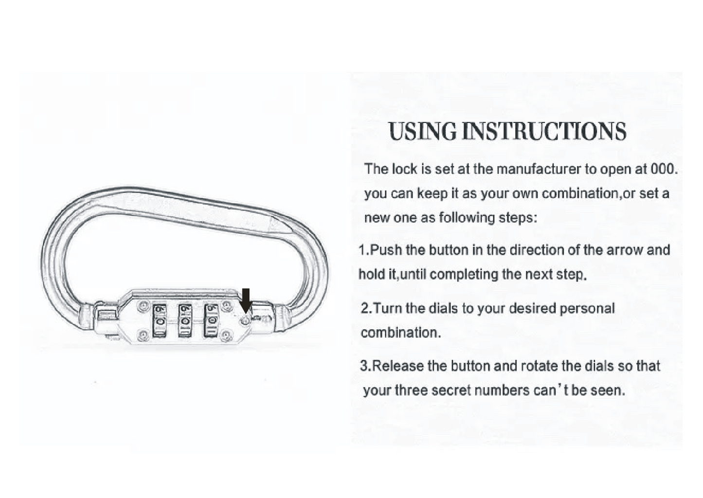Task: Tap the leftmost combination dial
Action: (159, 321)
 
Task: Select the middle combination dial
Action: (185, 321)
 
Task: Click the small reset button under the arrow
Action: (246, 320)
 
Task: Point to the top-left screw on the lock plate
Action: (143, 306)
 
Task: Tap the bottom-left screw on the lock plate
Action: (143, 335)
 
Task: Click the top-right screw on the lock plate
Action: (226, 306)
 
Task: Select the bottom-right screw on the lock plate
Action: (226, 335)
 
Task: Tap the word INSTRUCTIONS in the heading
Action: (543, 132)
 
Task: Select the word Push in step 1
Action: (386, 250)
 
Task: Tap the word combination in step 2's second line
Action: (399, 333)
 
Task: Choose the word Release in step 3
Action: (398, 366)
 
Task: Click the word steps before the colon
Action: (517, 217)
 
